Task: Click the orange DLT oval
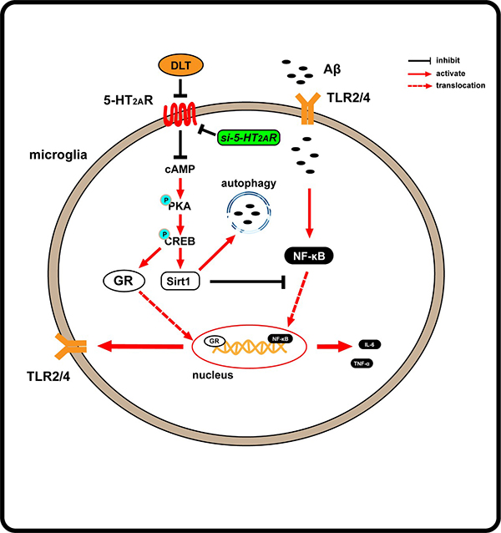(176, 65)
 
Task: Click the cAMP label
(177, 171)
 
